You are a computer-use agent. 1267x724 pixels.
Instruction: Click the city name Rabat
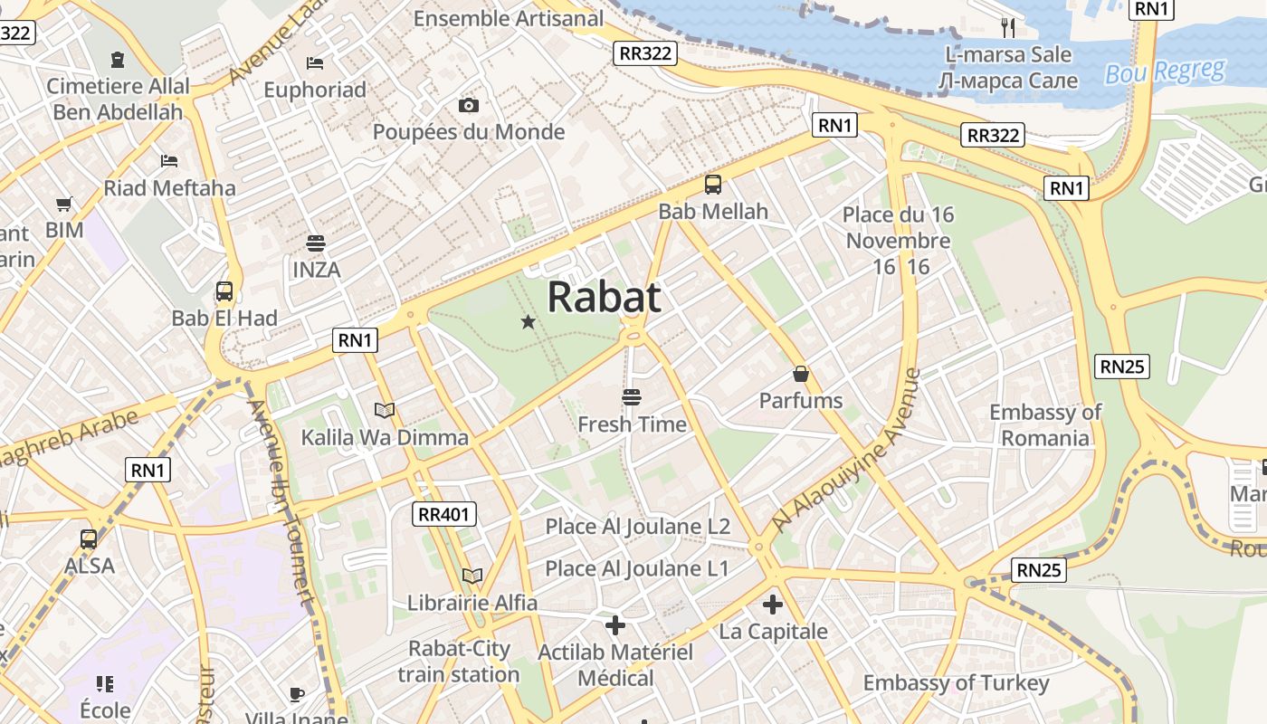point(604,297)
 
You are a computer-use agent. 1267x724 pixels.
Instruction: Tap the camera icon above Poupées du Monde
point(468,105)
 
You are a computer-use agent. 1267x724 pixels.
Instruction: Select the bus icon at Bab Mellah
point(713,185)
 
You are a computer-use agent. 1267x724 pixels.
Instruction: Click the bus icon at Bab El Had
point(224,291)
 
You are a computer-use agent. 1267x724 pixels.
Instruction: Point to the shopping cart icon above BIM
point(63,204)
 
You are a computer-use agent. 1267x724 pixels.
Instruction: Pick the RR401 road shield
point(444,515)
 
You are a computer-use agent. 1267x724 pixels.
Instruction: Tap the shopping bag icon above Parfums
point(800,374)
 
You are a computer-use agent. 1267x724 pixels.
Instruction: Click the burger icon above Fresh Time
point(632,397)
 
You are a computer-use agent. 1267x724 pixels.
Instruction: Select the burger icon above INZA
point(316,243)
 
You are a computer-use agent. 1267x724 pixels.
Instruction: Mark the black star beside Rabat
point(529,321)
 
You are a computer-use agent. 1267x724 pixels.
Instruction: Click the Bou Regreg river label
point(1165,71)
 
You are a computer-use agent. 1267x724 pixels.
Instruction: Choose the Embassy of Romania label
point(1045,425)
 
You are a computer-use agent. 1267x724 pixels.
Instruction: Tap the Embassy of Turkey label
point(956,683)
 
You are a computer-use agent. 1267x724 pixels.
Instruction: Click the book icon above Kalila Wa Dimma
point(385,410)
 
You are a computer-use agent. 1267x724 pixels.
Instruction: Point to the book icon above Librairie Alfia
point(472,576)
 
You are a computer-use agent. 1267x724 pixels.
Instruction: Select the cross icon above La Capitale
point(773,605)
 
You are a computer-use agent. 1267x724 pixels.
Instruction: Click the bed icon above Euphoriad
point(315,62)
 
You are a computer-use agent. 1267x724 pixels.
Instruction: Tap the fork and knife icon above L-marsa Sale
point(1008,27)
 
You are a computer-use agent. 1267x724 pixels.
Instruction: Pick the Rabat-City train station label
point(459,662)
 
